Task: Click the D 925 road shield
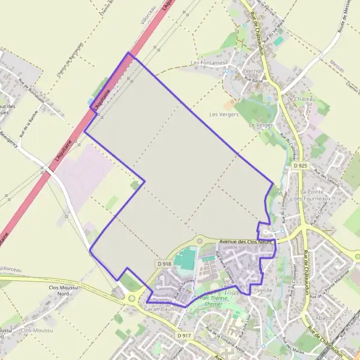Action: (300, 164)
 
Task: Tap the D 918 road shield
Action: (165, 263)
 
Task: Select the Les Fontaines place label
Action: (208, 62)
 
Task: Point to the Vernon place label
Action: (254, 71)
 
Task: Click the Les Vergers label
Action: (224, 114)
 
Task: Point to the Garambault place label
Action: (160, 309)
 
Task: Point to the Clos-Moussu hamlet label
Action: (35, 330)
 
